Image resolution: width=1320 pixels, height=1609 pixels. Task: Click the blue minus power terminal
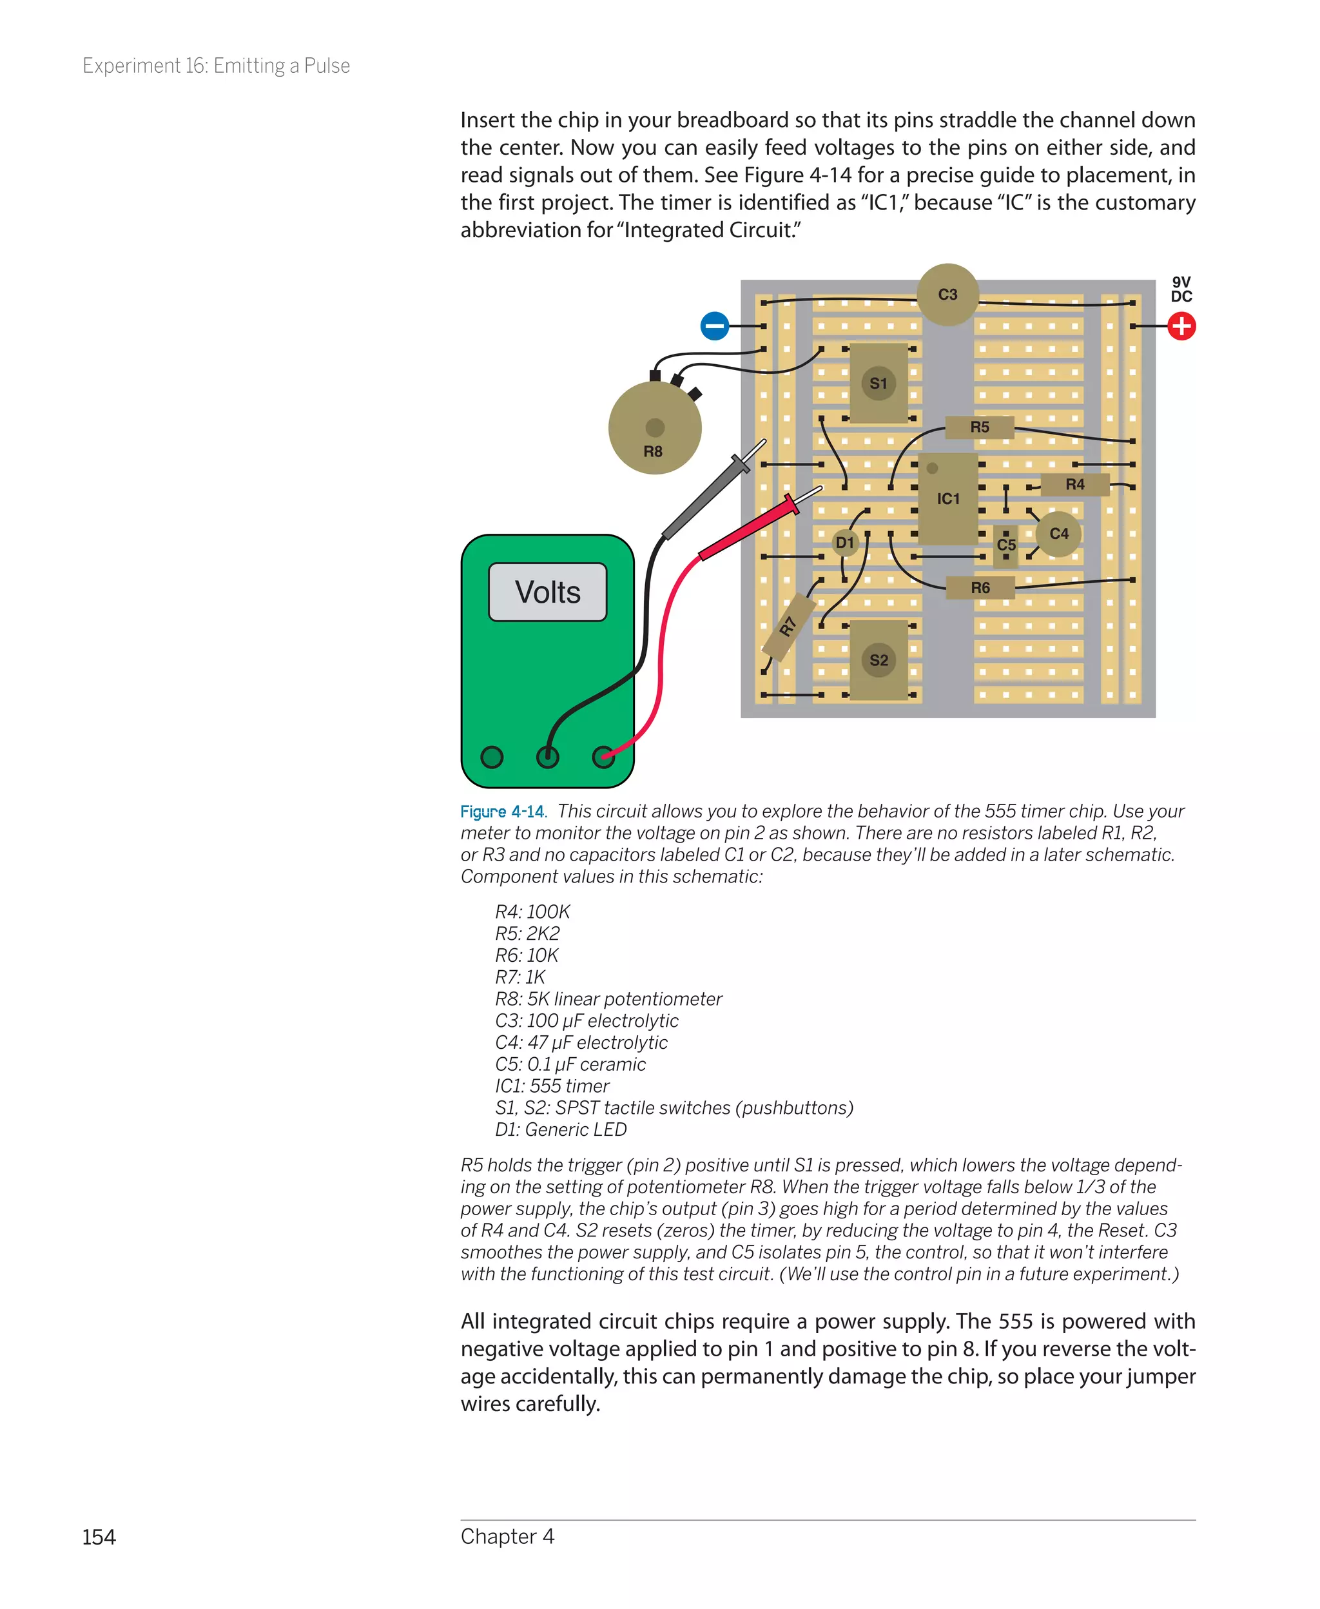coord(714,326)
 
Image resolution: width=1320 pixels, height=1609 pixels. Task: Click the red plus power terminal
coord(1181,326)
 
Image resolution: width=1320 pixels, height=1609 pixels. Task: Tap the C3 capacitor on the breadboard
coord(947,294)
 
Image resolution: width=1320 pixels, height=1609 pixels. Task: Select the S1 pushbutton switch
coord(878,384)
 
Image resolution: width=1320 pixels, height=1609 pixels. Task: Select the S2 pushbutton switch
coord(878,660)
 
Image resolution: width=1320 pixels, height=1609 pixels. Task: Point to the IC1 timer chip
coord(947,499)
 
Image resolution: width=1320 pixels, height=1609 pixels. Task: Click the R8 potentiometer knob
coord(655,428)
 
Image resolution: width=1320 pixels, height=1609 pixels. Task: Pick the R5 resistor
coord(979,427)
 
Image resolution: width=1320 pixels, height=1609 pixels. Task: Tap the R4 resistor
coord(1074,484)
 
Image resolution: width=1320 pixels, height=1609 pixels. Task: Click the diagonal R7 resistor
coord(788,627)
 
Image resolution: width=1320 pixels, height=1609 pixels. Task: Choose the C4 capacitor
coord(1058,534)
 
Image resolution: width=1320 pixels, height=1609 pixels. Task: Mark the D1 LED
coord(845,543)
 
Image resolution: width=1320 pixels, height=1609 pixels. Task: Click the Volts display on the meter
coord(547,592)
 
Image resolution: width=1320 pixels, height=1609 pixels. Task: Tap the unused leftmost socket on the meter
coord(492,757)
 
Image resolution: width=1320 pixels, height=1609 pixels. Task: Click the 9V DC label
coord(1181,289)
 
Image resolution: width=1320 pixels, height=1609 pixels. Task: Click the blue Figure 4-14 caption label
coord(502,812)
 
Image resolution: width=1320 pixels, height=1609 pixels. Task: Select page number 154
coord(99,1537)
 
